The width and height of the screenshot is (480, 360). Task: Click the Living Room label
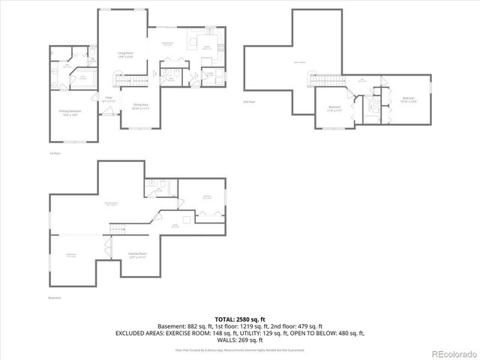pyautogui.click(x=125, y=54)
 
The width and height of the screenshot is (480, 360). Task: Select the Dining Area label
pyautogui.click(x=140, y=106)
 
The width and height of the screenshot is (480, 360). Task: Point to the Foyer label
pyautogui.click(x=109, y=98)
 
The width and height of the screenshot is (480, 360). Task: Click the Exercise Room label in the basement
pyautogui.click(x=136, y=255)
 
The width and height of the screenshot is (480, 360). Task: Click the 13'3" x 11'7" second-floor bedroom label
pyautogui.click(x=335, y=109)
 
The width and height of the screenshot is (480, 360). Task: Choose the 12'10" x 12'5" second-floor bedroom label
pyautogui.click(x=407, y=99)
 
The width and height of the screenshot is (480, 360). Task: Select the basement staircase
pyautogui.click(x=117, y=229)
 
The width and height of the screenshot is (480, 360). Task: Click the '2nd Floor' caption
pyautogui.click(x=249, y=101)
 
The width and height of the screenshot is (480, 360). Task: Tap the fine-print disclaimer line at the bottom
pyautogui.click(x=240, y=349)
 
